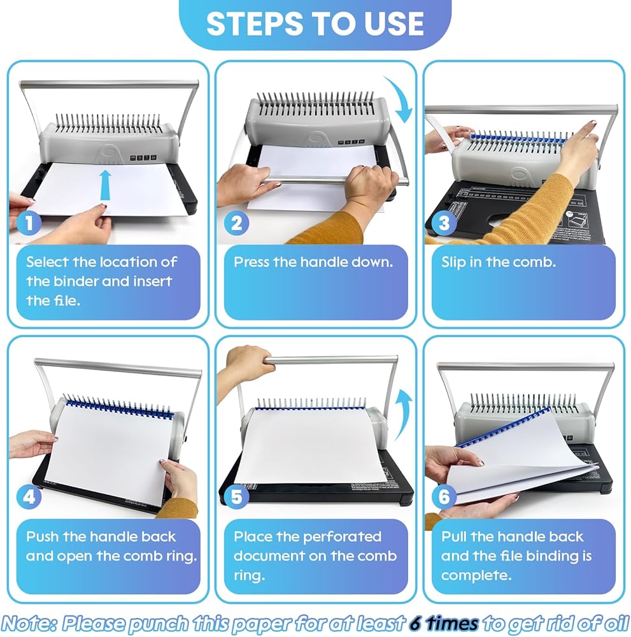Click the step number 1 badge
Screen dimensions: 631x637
click(x=29, y=222)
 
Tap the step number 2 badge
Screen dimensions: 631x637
click(x=236, y=222)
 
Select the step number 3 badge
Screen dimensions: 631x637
click(x=444, y=222)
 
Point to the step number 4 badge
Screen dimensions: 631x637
click(x=29, y=496)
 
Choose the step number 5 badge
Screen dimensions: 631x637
click(x=236, y=496)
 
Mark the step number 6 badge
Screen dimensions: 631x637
click(x=444, y=496)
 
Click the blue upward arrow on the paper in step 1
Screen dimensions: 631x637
click(x=106, y=185)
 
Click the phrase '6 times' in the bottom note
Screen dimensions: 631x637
click(x=444, y=623)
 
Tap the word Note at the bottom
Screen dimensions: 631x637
click(x=29, y=623)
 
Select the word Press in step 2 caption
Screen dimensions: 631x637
click(x=252, y=262)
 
